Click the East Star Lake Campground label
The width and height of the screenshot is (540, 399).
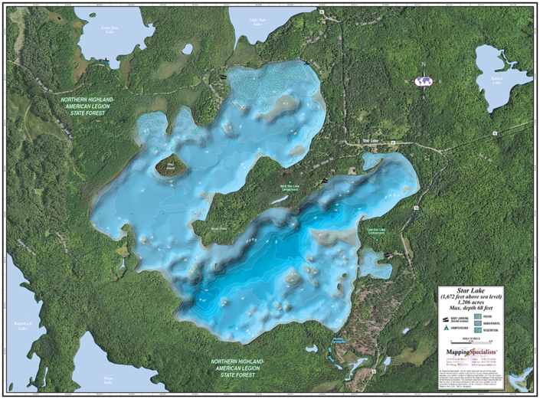pyautogui.click(x=375, y=231)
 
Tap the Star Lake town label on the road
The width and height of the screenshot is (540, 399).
pyautogui.click(x=371, y=141)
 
